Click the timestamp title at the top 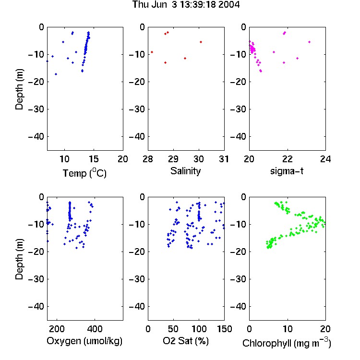click(x=186, y=4)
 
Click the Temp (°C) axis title click(x=84, y=173)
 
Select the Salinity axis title click(x=185, y=171)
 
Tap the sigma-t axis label click(x=287, y=171)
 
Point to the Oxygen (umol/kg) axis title click(x=84, y=341)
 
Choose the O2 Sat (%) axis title click(x=185, y=341)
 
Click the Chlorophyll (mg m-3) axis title click(x=287, y=343)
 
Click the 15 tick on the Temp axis click(x=94, y=159)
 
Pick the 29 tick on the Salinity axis click(x=173, y=159)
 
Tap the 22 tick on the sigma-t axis click(x=287, y=159)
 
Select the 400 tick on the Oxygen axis click(x=95, y=329)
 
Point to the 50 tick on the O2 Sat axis click(x=173, y=329)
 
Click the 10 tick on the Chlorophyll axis click(x=287, y=329)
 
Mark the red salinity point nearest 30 click(x=201, y=42)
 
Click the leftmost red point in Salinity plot click(x=152, y=52)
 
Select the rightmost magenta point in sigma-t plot click(x=309, y=42)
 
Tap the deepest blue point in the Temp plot click(x=56, y=74)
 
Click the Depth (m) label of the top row click(x=19, y=89)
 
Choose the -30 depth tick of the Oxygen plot click(x=36, y=279)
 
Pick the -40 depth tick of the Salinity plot click(x=137, y=137)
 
